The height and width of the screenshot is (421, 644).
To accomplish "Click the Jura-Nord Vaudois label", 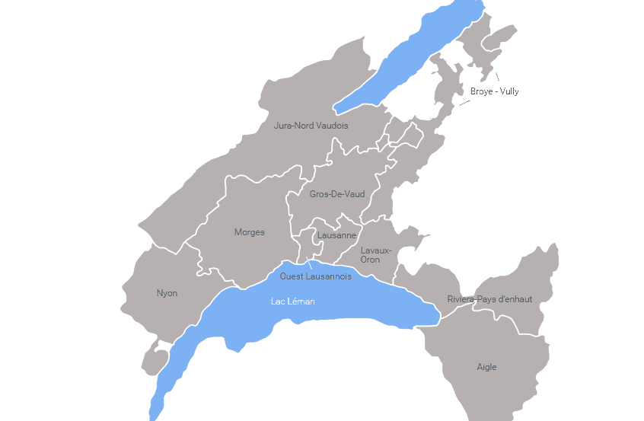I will click(311, 126).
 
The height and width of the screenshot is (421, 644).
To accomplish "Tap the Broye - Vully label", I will click(494, 91).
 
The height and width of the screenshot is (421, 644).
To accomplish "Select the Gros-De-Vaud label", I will click(336, 194).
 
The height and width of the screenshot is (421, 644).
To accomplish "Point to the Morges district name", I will click(249, 232).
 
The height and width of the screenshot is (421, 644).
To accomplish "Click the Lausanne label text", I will click(337, 236).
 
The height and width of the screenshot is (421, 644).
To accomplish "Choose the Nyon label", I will click(167, 293).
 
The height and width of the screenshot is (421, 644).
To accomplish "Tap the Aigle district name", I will click(486, 367).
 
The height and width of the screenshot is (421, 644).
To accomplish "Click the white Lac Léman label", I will click(292, 301).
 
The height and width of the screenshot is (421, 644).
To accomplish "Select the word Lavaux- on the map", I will click(376, 250).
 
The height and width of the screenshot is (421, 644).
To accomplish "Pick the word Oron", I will click(370, 260).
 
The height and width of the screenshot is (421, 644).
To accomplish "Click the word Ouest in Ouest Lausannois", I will click(291, 276).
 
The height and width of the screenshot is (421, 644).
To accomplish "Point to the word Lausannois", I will click(328, 276).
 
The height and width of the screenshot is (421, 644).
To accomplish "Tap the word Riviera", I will click(461, 299).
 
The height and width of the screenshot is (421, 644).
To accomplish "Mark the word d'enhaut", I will click(515, 299).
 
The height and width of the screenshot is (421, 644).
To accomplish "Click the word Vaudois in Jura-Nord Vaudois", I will click(331, 126).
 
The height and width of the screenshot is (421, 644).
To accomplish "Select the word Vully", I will click(509, 91).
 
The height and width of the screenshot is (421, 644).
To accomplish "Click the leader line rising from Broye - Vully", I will click(497, 76).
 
